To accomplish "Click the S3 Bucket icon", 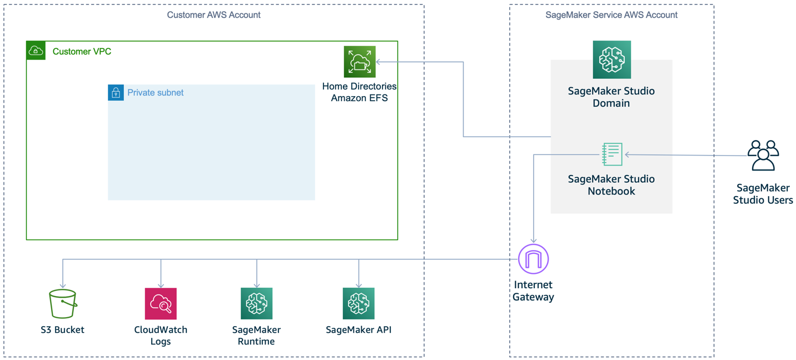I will point(63,303).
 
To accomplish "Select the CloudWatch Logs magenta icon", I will point(161,303).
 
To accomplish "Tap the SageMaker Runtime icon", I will point(256,303).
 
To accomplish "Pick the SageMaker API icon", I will point(359,303).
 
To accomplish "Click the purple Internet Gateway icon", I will point(533,259).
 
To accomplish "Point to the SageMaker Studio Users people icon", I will point(763,156).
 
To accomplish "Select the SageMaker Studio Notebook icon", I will point(612,154).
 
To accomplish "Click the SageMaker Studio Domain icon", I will point(611,59).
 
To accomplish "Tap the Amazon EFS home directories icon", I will point(360,62).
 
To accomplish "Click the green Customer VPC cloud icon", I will point(36,51).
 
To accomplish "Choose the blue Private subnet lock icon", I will point(116,92).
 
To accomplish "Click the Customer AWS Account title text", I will point(213,15).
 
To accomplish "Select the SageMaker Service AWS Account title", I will point(611,15).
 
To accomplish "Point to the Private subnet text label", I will point(155,93).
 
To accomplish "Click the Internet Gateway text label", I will point(533,291).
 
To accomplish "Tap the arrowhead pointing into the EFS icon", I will point(379,62).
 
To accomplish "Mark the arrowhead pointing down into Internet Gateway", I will point(534,241).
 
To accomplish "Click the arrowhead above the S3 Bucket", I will point(63,286).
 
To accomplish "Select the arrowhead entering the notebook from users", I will point(628,155).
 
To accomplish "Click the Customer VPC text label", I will point(82,52).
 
